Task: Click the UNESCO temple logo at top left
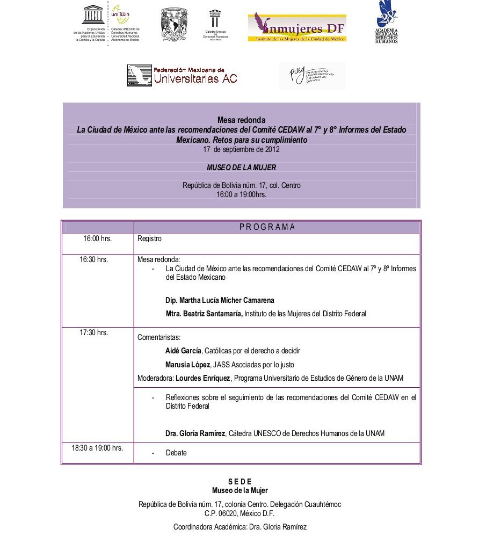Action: [x=92, y=13]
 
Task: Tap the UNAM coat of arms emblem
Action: [x=174, y=24]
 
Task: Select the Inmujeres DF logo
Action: [x=296, y=27]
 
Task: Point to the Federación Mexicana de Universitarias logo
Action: [x=182, y=75]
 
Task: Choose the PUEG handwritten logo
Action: [x=312, y=76]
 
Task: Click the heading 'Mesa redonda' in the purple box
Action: [x=241, y=120]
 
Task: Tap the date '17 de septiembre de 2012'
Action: [x=241, y=149]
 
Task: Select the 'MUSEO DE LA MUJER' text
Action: [x=241, y=168]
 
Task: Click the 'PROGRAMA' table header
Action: [x=267, y=227]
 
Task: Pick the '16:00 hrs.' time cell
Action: [x=97, y=238]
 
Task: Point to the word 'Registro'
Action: [x=149, y=238]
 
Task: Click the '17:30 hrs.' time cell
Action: [x=94, y=332]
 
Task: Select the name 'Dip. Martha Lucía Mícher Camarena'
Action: [x=228, y=300]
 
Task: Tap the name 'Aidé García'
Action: [x=183, y=351]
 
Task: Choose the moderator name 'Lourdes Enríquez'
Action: [x=203, y=378]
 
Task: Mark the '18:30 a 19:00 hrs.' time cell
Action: [x=97, y=447]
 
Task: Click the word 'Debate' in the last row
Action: [x=176, y=453]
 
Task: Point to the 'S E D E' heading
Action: [x=240, y=482]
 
